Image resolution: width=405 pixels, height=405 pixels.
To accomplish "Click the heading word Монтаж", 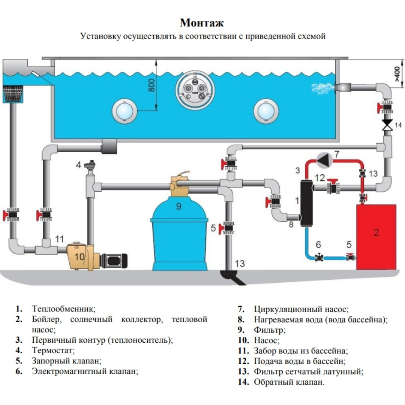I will point(202,23).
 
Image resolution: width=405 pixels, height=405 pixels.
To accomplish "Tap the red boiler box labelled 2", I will point(376,237).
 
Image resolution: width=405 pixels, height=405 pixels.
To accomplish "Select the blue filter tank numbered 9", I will point(179,236).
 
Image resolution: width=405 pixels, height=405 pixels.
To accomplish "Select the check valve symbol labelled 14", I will point(387,125).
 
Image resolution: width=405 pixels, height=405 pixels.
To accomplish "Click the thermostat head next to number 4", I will point(89,165).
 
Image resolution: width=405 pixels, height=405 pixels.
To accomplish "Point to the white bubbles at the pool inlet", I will point(322,88).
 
